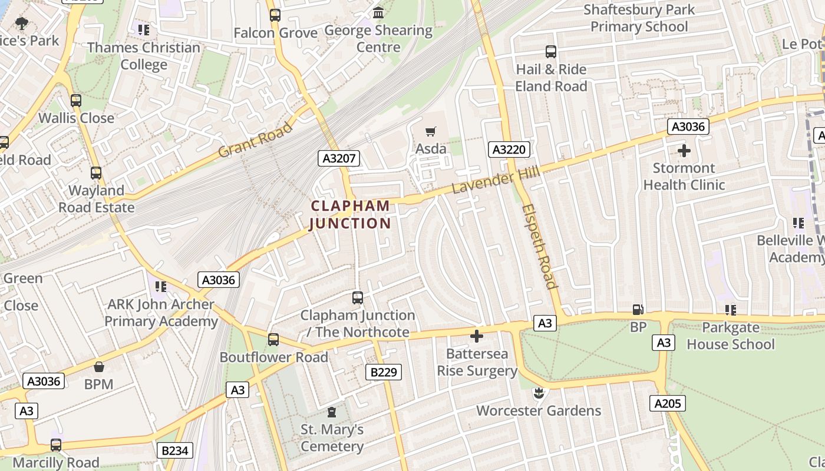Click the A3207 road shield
coord(338,158)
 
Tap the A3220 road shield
coord(509,150)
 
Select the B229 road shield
coord(383,372)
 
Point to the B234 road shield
coord(175,451)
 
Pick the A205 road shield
coord(668,403)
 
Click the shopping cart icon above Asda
coord(431,131)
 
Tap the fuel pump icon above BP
coord(638,310)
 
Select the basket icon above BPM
coord(98,367)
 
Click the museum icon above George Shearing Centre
coord(378,12)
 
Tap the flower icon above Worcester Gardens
coord(538,393)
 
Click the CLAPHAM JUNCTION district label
coord(350,215)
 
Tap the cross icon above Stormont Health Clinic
coord(684,151)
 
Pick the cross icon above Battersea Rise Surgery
coord(477,336)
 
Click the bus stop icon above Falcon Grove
coord(275,15)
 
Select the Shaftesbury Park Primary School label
coord(639,18)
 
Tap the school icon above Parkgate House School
coord(731,310)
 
